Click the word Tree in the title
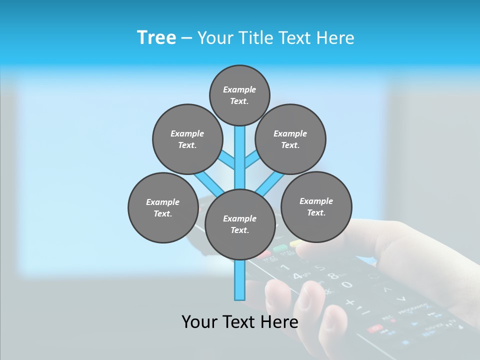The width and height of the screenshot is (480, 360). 156,38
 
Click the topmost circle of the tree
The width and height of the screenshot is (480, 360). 239,95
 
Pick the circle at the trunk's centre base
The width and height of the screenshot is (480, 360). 240,224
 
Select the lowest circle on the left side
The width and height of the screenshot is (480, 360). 163,207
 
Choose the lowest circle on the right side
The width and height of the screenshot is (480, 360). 316,206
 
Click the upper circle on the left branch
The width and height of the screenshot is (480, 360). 187,139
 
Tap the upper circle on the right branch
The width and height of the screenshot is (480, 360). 290,139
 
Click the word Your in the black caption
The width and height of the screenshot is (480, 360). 200,321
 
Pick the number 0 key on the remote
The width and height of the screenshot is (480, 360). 346,285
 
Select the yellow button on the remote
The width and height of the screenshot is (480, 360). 295,243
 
